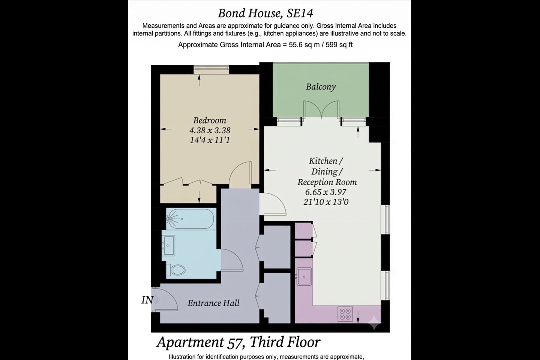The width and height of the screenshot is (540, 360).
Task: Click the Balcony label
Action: pos(321,87)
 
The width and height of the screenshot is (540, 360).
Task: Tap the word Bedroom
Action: pos(210,120)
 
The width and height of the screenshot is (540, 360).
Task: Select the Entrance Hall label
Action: pos(214,303)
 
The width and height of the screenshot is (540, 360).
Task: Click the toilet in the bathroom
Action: pos(175,269)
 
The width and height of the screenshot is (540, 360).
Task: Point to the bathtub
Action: pos(190,219)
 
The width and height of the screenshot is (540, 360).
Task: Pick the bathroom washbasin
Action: pos(168,245)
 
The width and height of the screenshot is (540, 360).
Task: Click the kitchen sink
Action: pos(304,277)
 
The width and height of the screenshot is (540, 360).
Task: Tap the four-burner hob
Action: pos(345,314)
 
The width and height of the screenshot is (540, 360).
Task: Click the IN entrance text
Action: pos(147,300)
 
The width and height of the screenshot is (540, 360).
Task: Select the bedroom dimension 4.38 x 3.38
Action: pos(210,130)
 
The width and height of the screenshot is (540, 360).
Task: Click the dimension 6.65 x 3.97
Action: pos(325,192)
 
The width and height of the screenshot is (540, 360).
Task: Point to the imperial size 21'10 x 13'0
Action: pos(326,202)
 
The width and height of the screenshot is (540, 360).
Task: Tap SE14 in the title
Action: pos(300,13)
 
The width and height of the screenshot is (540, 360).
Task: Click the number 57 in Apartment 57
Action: pos(237,342)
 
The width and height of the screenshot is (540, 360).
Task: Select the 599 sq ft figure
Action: pos(339,45)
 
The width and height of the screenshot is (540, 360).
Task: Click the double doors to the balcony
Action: pos(321,110)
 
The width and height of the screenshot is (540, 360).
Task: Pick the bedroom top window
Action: pos(211,70)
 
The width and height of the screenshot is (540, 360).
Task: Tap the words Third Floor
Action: pos(285,342)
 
